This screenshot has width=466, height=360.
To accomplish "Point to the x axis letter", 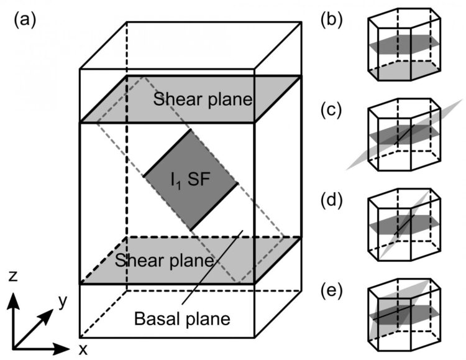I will (83, 349).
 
